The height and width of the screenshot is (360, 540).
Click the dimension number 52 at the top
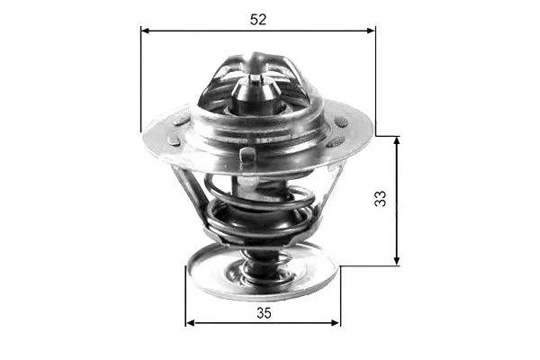pyautogui.click(x=258, y=20)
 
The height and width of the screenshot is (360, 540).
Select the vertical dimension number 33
pyautogui.click(x=381, y=198)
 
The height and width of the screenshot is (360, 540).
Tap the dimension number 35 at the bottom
pyautogui.click(x=264, y=313)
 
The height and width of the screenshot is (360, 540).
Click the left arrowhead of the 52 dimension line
pyautogui.click(x=145, y=31)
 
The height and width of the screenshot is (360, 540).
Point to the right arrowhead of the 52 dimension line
pyautogui.click(x=371, y=31)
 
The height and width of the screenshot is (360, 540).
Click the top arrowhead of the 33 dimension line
pyautogui.click(x=397, y=141)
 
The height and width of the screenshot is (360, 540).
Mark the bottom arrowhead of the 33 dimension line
pyautogui.click(x=397, y=261)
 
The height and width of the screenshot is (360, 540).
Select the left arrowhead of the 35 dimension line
pyautogui.click(x=190, y=323)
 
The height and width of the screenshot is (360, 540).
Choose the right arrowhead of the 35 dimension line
pyautogui.click(x=336, y=323)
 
